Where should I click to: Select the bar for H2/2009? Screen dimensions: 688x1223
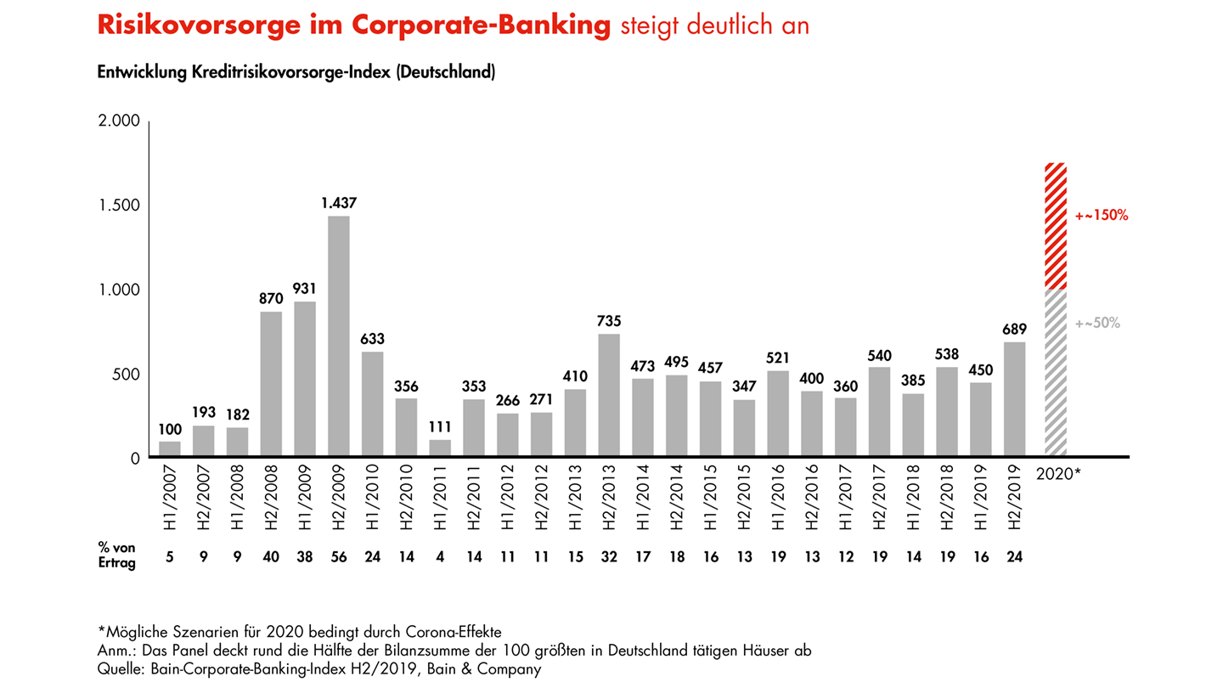coord(338,336)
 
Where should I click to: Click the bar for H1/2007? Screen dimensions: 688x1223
coord(170,449)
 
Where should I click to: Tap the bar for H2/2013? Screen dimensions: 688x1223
coord(609,396)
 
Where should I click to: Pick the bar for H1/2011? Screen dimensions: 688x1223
coord(440,448)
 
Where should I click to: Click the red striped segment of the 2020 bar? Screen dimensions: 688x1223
coord(1056,226)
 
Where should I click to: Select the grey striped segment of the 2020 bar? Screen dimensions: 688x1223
coord(1056,374)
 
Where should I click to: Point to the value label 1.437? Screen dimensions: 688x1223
coord(338,203)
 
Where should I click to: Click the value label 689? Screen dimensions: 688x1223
coord(1014,329)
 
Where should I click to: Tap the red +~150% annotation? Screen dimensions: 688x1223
coord(1102,216)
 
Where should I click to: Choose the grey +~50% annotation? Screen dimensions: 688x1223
coord(1098,323)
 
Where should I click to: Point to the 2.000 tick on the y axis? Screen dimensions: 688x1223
coord(119,121)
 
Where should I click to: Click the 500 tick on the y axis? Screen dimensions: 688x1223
coord(125,374)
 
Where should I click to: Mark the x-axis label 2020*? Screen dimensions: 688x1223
coord(1058,473)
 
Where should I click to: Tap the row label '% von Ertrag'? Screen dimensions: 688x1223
coord(116,555)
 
